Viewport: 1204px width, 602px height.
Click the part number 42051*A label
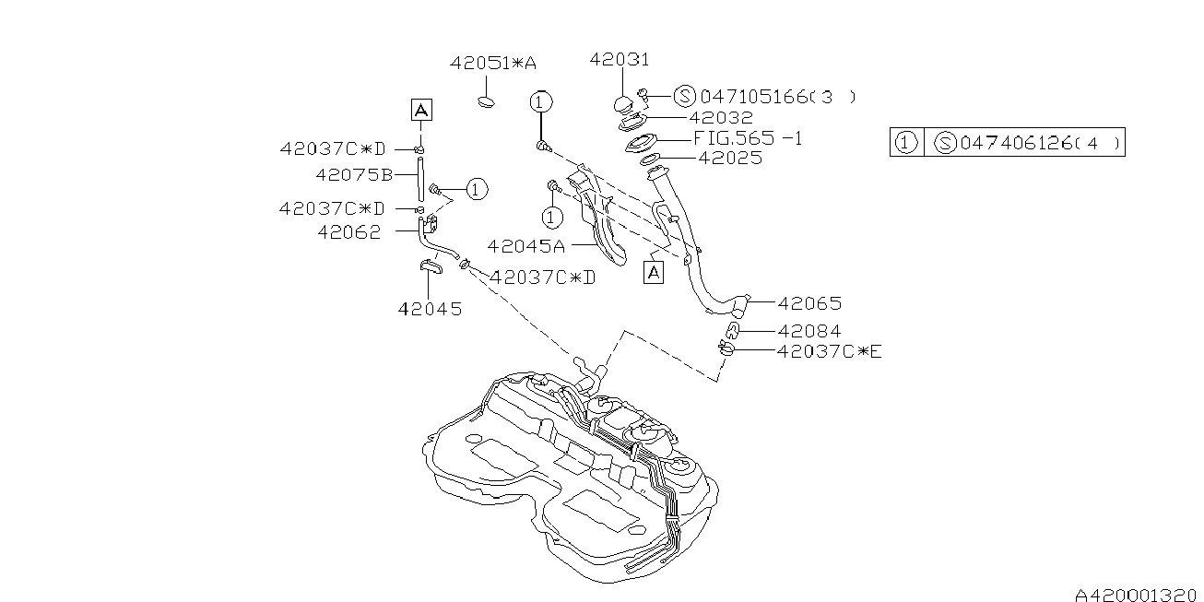coord(492,63)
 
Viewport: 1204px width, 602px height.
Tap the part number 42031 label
coord(620,60)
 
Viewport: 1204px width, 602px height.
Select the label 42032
coord(720,118)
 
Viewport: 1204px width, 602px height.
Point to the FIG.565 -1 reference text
coord(747,138)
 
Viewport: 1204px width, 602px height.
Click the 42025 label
coord(730,158)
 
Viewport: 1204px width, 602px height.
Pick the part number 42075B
coord(354,173)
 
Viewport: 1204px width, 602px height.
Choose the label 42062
coord(348,232)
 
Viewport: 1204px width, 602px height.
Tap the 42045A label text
coord(525,246)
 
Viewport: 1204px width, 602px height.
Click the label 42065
coord(809,302)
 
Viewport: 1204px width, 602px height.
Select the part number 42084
coord(809,331)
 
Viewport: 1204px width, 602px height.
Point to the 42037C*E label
coord(829,350)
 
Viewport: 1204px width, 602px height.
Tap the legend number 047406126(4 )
coord(1040,143)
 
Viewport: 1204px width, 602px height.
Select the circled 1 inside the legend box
coord(907,143)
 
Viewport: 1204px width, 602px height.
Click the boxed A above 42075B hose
coord(420,111)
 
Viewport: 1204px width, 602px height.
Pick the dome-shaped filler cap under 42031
coord(624,100)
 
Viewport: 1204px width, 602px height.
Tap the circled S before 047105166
coord(684,96)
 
